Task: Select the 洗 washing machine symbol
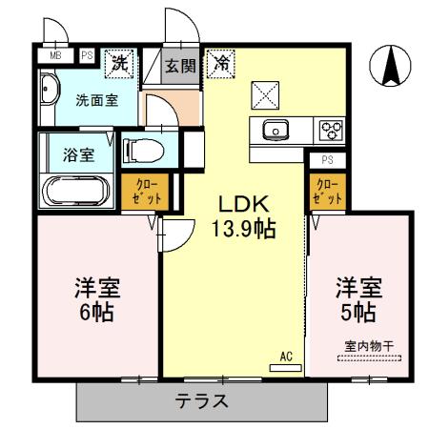click(120, 64)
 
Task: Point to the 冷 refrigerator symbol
click(220, 65)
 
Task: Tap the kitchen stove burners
click(330, 131)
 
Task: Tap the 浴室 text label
click(77, 154)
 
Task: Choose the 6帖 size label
click(97, 312)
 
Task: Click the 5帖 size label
click(358, 312)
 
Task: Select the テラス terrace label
click(201, 400)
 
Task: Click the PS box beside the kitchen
click(327, 159)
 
